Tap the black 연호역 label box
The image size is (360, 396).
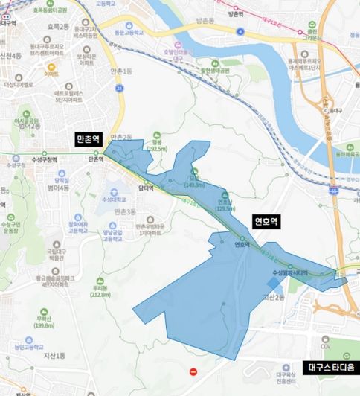click(265, 221)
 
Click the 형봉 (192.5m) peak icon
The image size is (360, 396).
click(156, 141)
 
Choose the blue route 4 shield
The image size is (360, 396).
click(241, 31)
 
